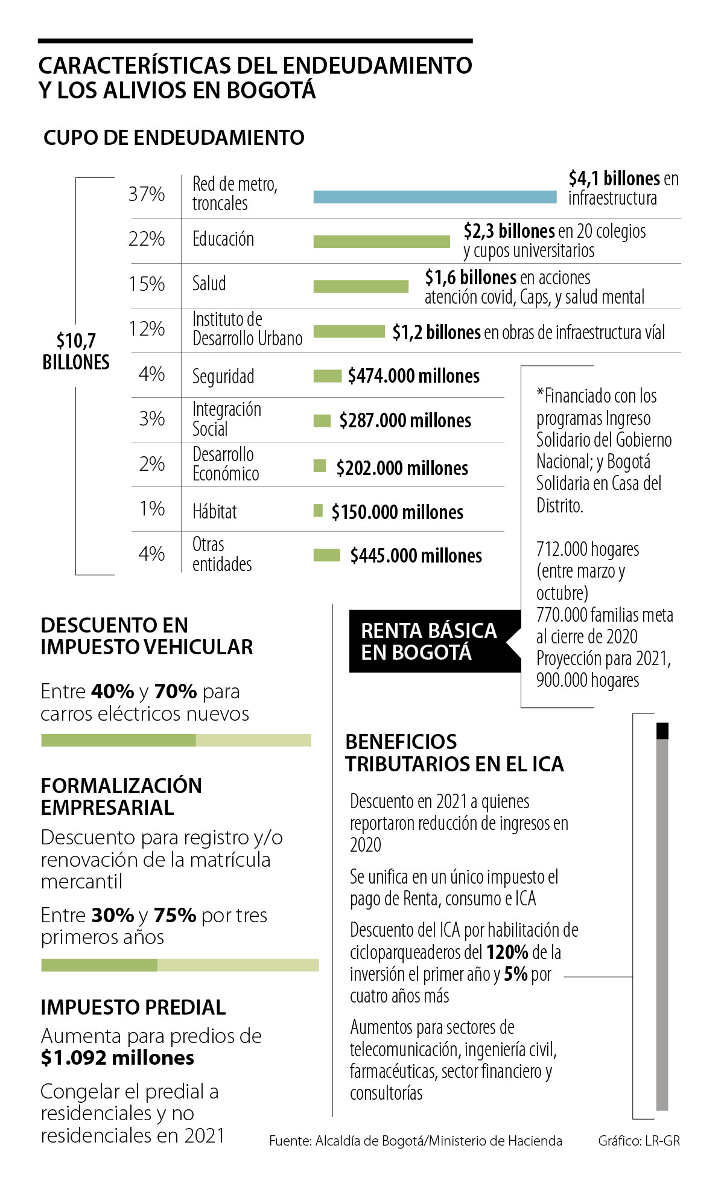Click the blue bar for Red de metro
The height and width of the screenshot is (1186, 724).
(x=434, y=197)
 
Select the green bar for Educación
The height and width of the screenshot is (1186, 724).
(x=381, y=241)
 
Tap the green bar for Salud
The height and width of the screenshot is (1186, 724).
(x=361, y=286)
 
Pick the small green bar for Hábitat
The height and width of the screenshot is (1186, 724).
(x=319, y=511)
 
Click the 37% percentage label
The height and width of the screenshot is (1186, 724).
(x=147, y=194)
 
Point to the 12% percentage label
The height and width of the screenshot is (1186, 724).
(x=147, y=328)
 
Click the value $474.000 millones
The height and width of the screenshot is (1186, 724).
(x=414, y=376)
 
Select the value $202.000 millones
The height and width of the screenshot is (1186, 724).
(x=402, y=468)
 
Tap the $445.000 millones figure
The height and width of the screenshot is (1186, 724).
(x=416, y=555)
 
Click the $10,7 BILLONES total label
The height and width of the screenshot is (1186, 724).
(x=76, y=351)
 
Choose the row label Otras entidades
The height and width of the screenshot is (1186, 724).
(x=221, y=554)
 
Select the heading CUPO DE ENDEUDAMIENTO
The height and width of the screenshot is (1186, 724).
(x=174, y=138)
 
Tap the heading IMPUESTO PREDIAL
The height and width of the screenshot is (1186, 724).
(x=133, y=1007)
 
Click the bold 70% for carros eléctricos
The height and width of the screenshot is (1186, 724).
(x=176, y=691)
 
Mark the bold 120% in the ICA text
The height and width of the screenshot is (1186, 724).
(x=507, y=952)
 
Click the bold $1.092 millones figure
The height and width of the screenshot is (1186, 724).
(x=118, y=1057)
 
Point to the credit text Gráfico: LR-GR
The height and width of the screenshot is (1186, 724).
(x=638, y=1141)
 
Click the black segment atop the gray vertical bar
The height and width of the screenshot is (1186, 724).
(x=662, y=730)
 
